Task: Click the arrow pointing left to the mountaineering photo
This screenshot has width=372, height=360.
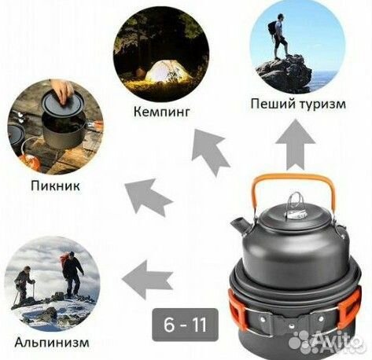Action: (149, 275)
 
